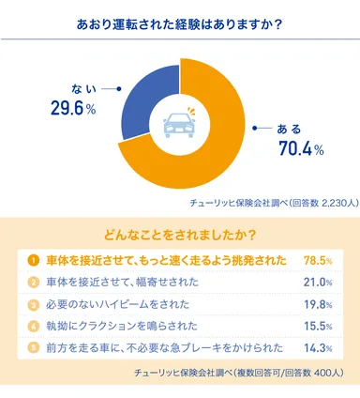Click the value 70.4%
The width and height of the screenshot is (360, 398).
(x=300, y=148)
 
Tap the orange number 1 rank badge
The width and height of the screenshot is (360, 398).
(x=32, y=259)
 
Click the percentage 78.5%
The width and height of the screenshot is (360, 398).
(x=319, y=259)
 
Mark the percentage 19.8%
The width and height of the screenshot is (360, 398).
(x=319, y=303)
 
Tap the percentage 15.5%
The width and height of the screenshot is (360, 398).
(x=319, y=325)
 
